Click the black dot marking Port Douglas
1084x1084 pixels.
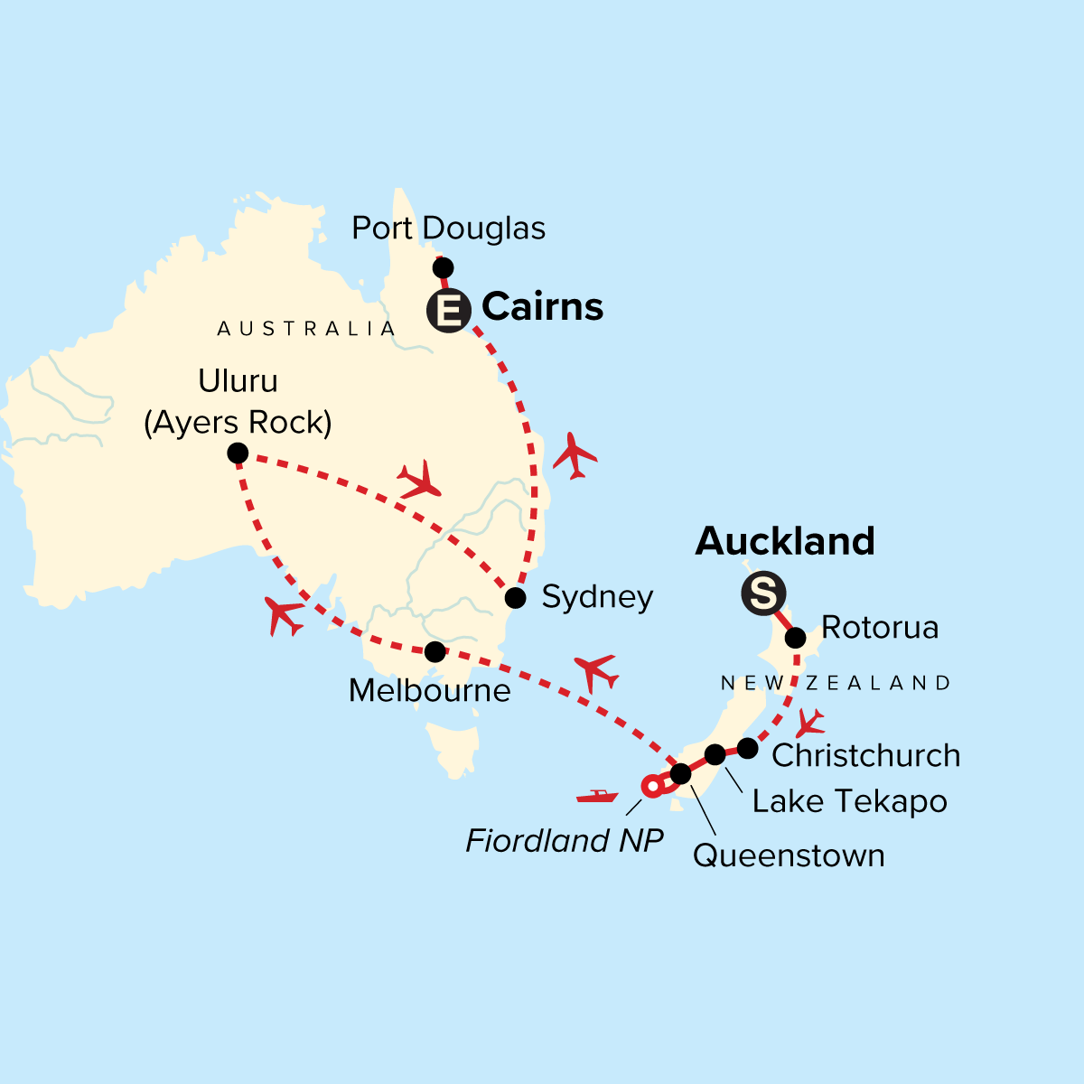(443, 267)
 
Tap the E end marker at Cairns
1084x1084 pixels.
(449, 311)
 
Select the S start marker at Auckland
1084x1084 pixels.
(763, 594)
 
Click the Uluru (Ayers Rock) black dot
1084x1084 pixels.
(238, 453)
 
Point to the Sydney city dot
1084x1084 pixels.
(515, 598)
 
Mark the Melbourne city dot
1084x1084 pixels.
(435, 651)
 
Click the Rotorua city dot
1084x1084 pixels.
(795, 639)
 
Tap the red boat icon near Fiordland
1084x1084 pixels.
(597, 796)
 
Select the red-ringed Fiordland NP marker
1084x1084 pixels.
(651, 787)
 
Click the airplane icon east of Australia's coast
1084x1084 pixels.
(575, 455)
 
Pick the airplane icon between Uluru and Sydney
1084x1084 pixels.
(420, 481)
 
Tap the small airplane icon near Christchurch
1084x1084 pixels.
(810, 723)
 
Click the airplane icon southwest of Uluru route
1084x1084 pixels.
(285, 616)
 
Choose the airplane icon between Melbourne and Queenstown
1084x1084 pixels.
(596, 672)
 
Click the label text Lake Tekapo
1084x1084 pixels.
(849, 801)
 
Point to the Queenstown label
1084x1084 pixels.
(789, 855)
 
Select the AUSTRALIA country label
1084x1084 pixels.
(306, 329)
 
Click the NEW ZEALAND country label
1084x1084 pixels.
(836, 684)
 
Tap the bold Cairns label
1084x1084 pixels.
(542, 307)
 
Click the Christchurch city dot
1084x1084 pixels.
(747, 748)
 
